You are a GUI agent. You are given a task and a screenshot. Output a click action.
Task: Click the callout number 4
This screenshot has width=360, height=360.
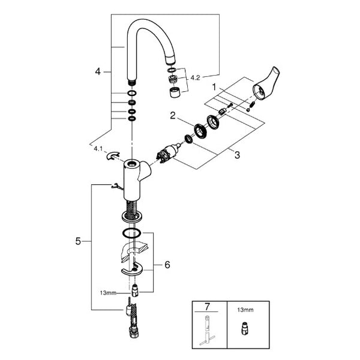(98, 71)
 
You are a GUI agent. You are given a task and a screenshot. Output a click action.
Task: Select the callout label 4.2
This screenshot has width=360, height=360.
(195, 78)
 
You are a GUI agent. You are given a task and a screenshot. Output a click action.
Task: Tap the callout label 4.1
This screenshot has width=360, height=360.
(98, 149)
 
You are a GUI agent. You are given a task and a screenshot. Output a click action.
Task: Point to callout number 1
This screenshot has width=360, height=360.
(214, 87)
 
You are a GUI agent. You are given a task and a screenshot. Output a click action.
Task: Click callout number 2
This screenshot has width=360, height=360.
(173, 115)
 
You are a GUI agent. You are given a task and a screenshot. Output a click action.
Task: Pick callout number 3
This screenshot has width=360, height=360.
(237, 155)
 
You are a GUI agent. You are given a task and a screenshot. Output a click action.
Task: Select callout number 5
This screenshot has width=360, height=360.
(78, 241)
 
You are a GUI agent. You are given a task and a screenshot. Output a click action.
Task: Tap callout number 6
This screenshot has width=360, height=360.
(167, 265)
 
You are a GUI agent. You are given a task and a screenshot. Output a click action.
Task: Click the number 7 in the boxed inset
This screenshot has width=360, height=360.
(207, 307)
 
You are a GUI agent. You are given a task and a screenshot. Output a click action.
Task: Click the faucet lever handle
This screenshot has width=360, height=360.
(266, 84)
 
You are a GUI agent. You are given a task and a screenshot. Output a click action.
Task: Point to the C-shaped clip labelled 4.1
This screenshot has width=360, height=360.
(113, 156)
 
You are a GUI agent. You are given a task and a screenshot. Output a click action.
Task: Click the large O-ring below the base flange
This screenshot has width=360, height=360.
(131, 233)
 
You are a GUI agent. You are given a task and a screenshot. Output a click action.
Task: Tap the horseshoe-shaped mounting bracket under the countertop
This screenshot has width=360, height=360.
(132, 269)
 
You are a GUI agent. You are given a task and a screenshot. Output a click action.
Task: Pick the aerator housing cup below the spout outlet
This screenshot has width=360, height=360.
(176, 92)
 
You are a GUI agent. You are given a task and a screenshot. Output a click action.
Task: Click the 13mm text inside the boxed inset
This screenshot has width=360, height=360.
(245, 310)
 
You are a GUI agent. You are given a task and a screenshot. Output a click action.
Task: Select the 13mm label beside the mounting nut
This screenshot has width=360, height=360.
(108, 293)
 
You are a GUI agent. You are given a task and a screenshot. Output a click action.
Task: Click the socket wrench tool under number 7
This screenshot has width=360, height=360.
(208, 331)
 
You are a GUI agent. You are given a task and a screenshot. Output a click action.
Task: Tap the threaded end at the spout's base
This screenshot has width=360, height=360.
(131, 82)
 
